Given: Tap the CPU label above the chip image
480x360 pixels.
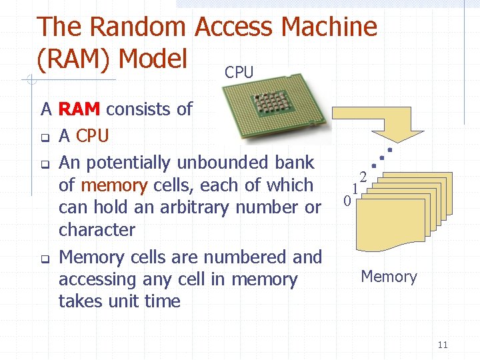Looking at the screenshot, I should click(x=239, y=73).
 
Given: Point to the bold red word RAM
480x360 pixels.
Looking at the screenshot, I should click(x=80, y=109).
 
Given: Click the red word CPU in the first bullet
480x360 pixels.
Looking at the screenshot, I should click(x=93, y=136).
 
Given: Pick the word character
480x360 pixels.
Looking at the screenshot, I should click(x=97, y=230).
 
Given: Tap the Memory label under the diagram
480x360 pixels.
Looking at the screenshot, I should click(x=389, y=277).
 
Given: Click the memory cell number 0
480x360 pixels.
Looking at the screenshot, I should click(x=347, y=201).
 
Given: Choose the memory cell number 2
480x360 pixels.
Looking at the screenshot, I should click(x=363, y=177).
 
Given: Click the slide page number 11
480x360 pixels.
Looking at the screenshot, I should click(x=443, y=345).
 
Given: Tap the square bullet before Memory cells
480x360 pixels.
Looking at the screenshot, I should click(x=44, y=259).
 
